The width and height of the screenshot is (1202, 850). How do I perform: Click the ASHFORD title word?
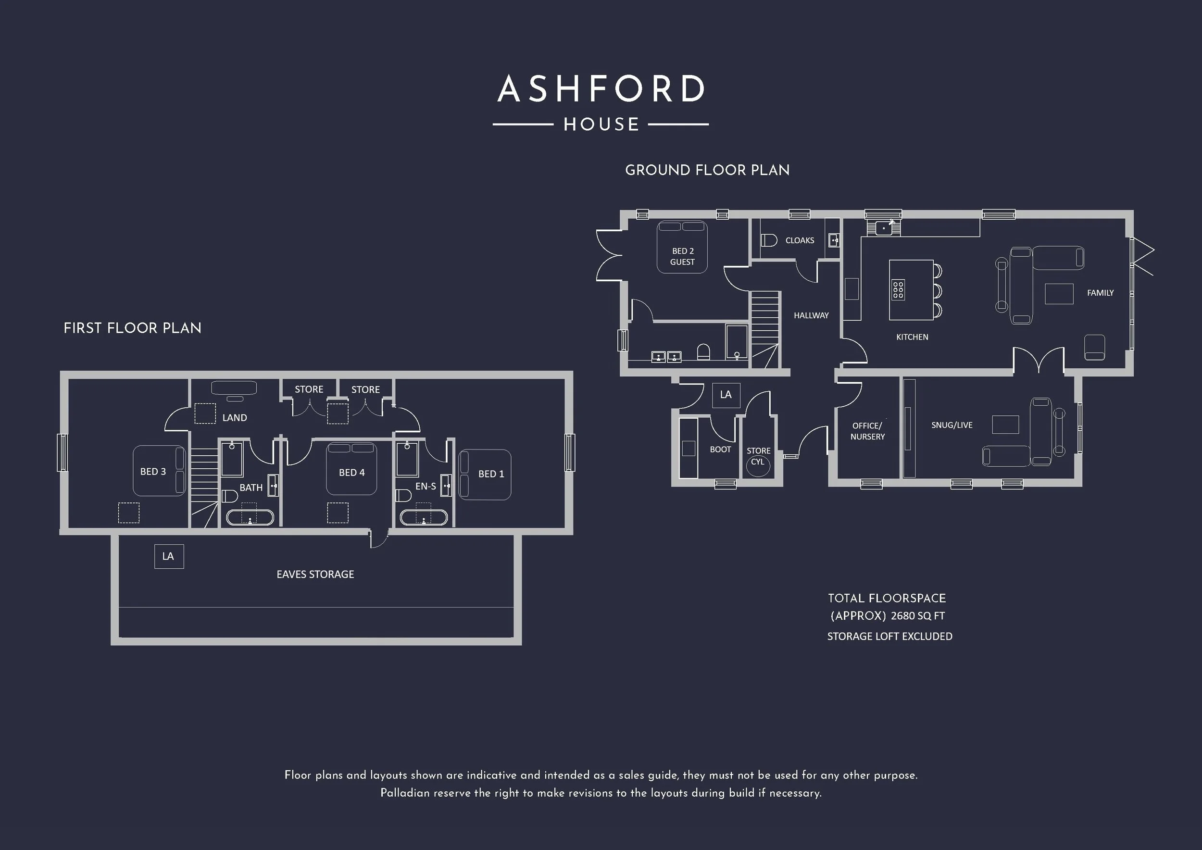[x=601, y=88]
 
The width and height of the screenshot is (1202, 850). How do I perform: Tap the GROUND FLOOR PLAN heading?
[x=707, y=170]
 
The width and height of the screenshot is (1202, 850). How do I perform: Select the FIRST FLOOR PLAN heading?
[x=132, y=328]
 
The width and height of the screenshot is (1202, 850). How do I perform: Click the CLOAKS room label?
[x=800, y=240]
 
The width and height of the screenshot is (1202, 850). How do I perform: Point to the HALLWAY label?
[x=811, y=315]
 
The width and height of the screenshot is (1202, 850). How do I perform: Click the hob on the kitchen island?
[x=898, y=289]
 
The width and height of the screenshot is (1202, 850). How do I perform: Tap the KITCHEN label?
[x=912, y=337]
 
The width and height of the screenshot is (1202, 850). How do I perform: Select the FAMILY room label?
[x=1100, y=293]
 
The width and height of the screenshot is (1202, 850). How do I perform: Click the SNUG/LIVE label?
[x=952, y=425]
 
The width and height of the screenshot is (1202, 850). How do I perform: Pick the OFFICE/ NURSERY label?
[x=867, y=431]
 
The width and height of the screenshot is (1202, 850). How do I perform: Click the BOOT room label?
[x=720, y=449]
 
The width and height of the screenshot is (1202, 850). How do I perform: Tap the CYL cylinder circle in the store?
[x=758, y=467]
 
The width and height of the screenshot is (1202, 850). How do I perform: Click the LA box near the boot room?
[x=726, y=395]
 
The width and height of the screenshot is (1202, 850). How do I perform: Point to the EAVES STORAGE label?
[x=315, y=574]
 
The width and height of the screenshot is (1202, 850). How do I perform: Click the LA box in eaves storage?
[x=169, y=556]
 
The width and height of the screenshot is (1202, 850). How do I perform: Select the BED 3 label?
[x=153, y=472]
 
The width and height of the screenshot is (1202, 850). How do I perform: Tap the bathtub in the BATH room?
[x=250, y=518]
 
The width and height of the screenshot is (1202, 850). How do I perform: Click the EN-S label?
[x=426, y=486]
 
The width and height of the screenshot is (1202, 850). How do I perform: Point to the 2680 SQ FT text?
[x=918, y=616]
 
